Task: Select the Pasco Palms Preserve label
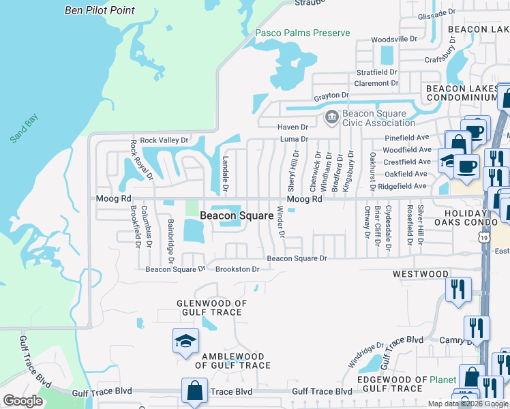(302, 33)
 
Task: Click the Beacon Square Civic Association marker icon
(331, 117)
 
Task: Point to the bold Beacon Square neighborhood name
(232, 216)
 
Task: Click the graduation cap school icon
(185, 342)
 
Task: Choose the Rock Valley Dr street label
(164, 140)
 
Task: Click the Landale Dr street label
(225, 177)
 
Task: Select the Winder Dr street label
(280, 222)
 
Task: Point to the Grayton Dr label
(331, 96)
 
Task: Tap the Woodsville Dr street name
(393, 39)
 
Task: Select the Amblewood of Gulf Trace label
(232, 361)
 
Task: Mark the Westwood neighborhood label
(421, 274)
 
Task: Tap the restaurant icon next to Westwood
(457, 289)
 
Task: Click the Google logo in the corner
(22, 401)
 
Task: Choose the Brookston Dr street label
(237, 269)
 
